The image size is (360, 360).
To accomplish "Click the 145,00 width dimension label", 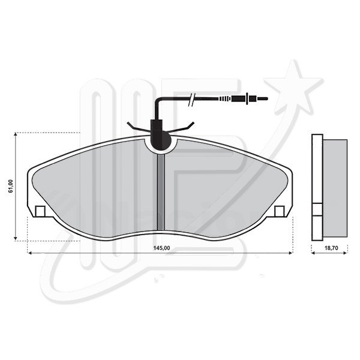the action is click(x=161, y=248).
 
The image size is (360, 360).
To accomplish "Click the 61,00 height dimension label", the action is click(x=11, y=186).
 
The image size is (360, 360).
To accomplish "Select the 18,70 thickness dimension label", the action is click(x=331, y=248).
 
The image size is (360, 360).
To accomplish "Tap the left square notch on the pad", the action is click(x=40, y=211).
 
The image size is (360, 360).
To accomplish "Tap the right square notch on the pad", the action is click(x=280, y=211).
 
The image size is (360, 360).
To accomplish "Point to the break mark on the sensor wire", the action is click(x=192, y=100).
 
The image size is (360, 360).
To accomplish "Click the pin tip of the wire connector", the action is click(x=262, y=99).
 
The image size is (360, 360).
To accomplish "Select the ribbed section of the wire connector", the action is click(x=225, y=99).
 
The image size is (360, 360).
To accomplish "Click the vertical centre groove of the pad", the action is click(x=161, y=192).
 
